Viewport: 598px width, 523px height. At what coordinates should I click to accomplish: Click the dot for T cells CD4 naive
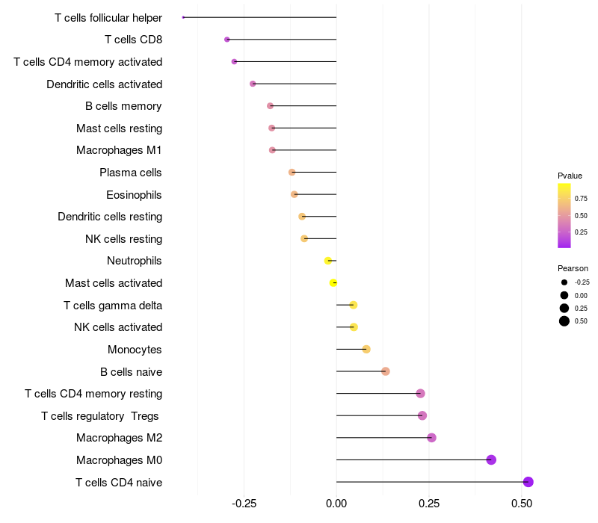[x=528, y=482]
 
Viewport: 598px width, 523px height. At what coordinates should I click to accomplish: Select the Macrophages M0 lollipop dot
[x=491, y=459]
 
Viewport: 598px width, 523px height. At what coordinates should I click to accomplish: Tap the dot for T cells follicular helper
[x=183, y=17]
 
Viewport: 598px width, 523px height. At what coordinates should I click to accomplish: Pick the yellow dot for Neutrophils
[x=327, y=261]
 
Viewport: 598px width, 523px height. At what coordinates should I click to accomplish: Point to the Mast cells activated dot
[x=333, y=282]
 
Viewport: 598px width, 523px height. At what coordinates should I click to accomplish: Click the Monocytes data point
[x=366, y=349]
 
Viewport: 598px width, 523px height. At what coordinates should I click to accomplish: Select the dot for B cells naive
[x=386, y=371]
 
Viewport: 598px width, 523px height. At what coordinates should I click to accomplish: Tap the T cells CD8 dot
[x=226, y=39]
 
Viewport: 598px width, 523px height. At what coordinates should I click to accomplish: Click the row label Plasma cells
[x=131, y=173]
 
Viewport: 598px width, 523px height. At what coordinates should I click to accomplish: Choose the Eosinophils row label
[x=134, y=195]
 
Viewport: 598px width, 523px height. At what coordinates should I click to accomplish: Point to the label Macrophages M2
[x=119, y=438]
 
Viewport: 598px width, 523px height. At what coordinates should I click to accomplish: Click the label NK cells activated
[x=118, y=327]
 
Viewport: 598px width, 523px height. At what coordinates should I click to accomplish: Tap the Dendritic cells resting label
[x=110, y=217]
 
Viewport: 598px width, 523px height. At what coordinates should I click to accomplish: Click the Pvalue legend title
[x=570, y=176]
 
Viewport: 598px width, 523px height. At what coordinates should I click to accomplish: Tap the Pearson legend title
[x=573, y=268]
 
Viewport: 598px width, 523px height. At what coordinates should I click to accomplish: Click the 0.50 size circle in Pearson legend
[x=564, y=321]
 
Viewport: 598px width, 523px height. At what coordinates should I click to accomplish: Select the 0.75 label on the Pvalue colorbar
[x=580, y=199]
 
